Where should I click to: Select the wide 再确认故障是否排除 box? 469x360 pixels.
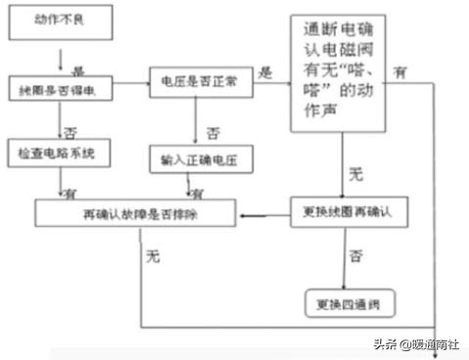137,211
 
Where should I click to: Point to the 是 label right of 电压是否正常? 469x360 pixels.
263,71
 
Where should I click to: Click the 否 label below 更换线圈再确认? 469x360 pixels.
356,256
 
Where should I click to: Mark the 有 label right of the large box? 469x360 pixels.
400,71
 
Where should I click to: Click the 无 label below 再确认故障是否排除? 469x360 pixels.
152,257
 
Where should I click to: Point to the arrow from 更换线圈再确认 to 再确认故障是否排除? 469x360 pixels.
264,212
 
